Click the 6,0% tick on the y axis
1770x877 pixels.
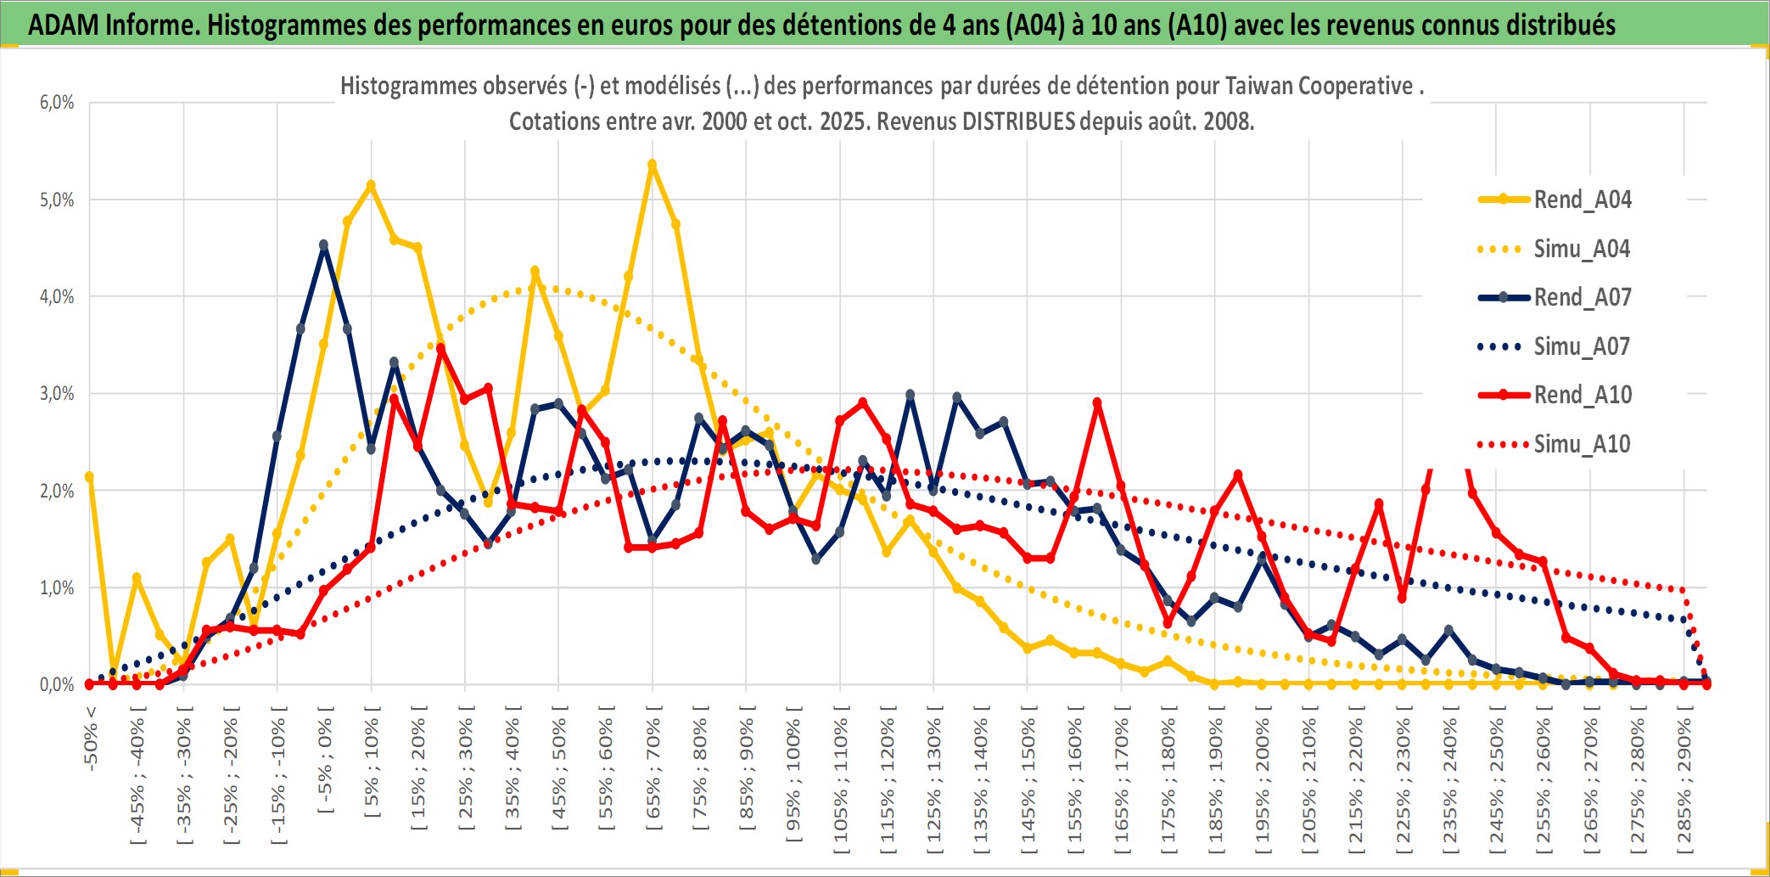point(57,103)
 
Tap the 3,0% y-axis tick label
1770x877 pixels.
point(57,394)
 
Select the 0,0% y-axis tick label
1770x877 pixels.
point(57,685)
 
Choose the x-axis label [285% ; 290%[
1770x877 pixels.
point(1684,781)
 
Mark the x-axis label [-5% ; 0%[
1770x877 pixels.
point(325,760)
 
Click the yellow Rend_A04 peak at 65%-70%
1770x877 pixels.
point(652,165)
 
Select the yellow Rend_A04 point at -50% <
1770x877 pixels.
point(89,476)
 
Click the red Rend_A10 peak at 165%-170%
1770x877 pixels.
point(1097,403)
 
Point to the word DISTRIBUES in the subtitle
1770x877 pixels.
point(1018,121)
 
